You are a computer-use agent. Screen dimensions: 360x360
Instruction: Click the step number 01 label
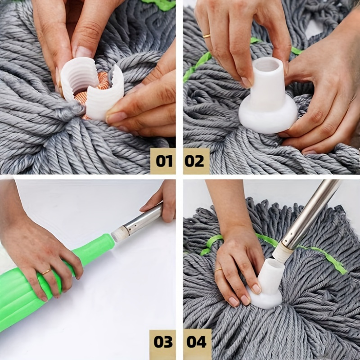click(x=162, y=161)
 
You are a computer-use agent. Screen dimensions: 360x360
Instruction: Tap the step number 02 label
click(x=196, y=161)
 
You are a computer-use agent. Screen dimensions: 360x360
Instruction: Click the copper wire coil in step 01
click(x=103, y=81)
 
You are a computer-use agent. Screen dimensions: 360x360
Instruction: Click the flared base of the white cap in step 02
click(x=268, y=118)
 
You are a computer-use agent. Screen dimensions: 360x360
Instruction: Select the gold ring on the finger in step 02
click(x=207, y=36)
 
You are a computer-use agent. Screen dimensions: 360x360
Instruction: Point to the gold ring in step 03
click(x=47, y=271)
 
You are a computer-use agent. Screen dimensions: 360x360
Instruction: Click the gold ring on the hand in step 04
click(x=218, y=270)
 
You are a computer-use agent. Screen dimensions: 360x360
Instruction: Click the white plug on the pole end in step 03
click(x=120, y=234)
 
